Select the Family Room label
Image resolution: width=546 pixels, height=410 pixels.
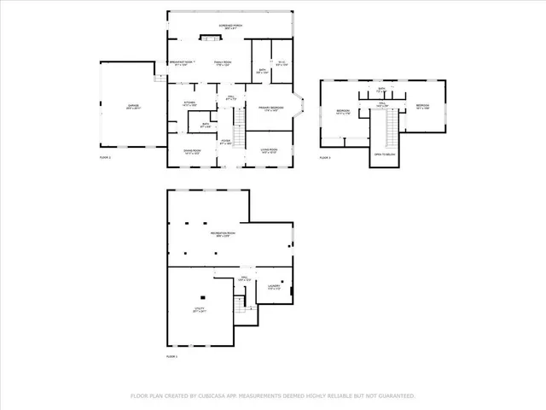(x=224, y=63)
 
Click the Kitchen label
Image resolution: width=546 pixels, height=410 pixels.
(x=189, y=103)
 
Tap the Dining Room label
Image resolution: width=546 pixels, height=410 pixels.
(x=191, y=150)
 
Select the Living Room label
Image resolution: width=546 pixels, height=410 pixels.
(x=270, y=150)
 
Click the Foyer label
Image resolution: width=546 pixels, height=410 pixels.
(x=226, y=142)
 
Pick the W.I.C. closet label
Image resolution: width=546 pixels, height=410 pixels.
(x=282, y=63)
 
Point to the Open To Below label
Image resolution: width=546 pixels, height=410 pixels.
(x=384, y=154)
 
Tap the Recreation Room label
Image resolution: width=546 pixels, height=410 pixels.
(x=224, y=234)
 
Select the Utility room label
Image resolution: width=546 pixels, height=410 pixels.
(x=199, y=308)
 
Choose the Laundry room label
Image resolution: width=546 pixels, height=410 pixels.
(x=274, y=287)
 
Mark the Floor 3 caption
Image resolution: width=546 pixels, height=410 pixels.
(x=325, y=158)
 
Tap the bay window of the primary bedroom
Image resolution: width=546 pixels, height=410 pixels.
(x=299, y=108)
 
